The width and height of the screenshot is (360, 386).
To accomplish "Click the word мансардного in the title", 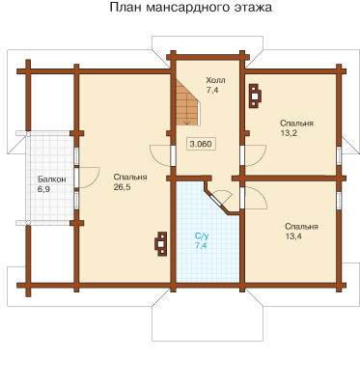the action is (x=188, y=7).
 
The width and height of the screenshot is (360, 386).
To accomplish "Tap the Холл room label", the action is (x=215, y=80).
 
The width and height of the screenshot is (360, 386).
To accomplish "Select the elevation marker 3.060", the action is (x=201, y=144).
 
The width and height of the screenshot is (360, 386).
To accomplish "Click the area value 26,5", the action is (x=123, y=187).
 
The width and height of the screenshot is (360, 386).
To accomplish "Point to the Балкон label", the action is (x=52, y=179).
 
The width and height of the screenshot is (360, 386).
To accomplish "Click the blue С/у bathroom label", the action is (x=202, y=236).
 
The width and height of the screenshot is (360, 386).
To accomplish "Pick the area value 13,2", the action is (x=289, y=133).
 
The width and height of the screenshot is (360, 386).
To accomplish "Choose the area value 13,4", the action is (x=293, y=236).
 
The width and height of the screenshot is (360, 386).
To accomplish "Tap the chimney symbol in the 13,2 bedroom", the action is (x=256, y=96).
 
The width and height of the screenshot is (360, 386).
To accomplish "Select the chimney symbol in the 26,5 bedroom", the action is (x=161, y=244).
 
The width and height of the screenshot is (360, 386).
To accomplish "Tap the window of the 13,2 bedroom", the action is (x=339, y=155).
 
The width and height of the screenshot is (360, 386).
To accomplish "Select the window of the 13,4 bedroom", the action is (x=339, y=200).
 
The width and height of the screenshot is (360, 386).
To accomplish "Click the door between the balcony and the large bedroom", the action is (x=76, y=177).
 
